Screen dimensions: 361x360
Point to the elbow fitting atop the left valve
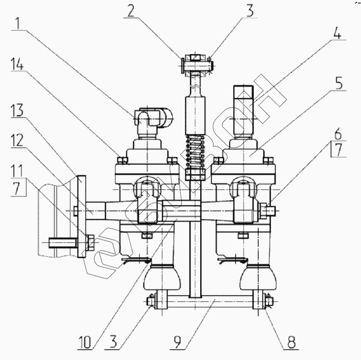[x=153, y=118]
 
